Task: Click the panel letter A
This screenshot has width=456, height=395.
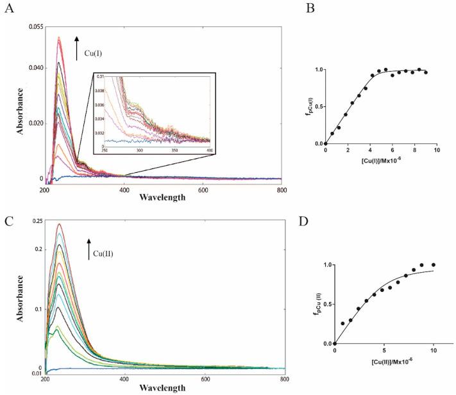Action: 9,9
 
